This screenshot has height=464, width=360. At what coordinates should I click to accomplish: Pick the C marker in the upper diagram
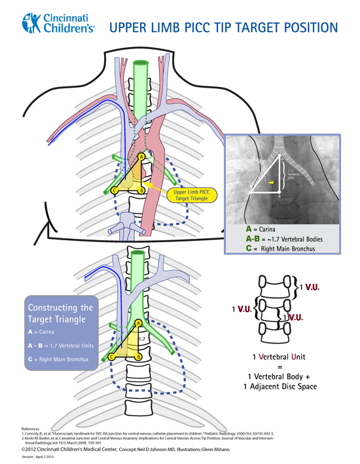click(x=113, y=190)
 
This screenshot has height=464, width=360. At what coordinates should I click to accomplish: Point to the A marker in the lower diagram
click(x=137, y=323)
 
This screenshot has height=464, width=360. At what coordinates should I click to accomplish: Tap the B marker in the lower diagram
click(x=137, y=357)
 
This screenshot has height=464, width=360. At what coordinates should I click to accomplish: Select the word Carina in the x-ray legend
click(x=269, y=230)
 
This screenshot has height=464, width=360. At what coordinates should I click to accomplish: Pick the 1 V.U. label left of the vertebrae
click(x=242, y=308)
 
